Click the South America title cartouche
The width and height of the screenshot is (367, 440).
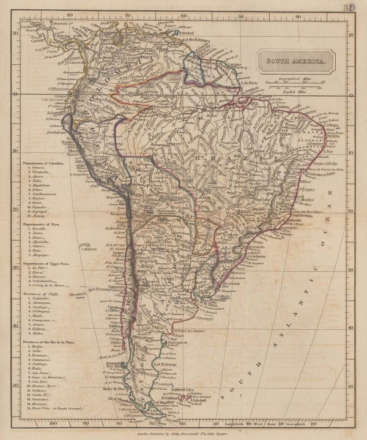point(295,61)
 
